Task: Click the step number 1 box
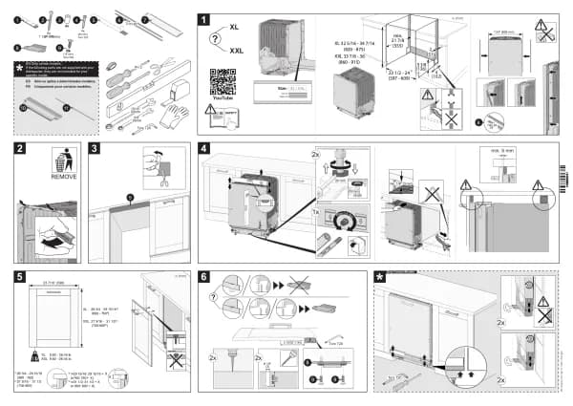[202, 18]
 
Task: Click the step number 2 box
[20, 149]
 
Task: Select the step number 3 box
[95, 149]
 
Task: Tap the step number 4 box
[203, 149]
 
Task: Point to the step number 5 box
[20, 277]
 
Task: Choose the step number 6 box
[203, 277]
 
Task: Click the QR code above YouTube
[222, 80]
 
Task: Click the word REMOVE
[63, 178]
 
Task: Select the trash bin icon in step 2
[63, 158]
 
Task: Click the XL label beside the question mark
[235, 30]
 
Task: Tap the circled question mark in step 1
[216, 38]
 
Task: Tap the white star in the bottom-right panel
[381, 277]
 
